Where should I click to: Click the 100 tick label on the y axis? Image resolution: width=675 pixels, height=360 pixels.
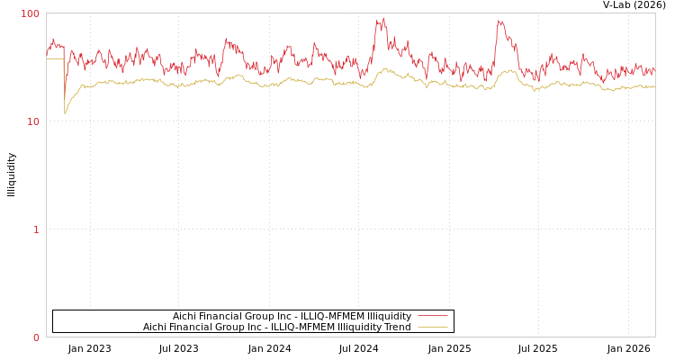31,13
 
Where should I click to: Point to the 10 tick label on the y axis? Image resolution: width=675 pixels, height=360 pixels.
33,121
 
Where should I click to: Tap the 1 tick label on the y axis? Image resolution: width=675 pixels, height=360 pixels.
37,229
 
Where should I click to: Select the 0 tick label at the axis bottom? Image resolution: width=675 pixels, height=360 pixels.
37,337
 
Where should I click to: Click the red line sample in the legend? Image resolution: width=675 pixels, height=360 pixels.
432,316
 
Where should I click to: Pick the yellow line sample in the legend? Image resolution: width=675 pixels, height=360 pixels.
432,327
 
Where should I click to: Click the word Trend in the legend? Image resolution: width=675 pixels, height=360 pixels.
396,327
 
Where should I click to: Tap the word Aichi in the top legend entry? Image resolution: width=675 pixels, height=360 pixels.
185,316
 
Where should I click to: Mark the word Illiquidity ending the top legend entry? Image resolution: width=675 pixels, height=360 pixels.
389,316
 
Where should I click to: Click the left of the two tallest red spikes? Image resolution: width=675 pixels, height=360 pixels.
382,20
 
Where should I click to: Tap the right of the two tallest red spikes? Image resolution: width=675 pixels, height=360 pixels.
500,22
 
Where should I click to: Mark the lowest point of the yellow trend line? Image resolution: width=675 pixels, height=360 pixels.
65,113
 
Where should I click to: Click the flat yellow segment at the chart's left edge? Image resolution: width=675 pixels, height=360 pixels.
54,58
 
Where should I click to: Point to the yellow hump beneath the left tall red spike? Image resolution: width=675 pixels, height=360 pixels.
385,69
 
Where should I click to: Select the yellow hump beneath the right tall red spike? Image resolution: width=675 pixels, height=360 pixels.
508,71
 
